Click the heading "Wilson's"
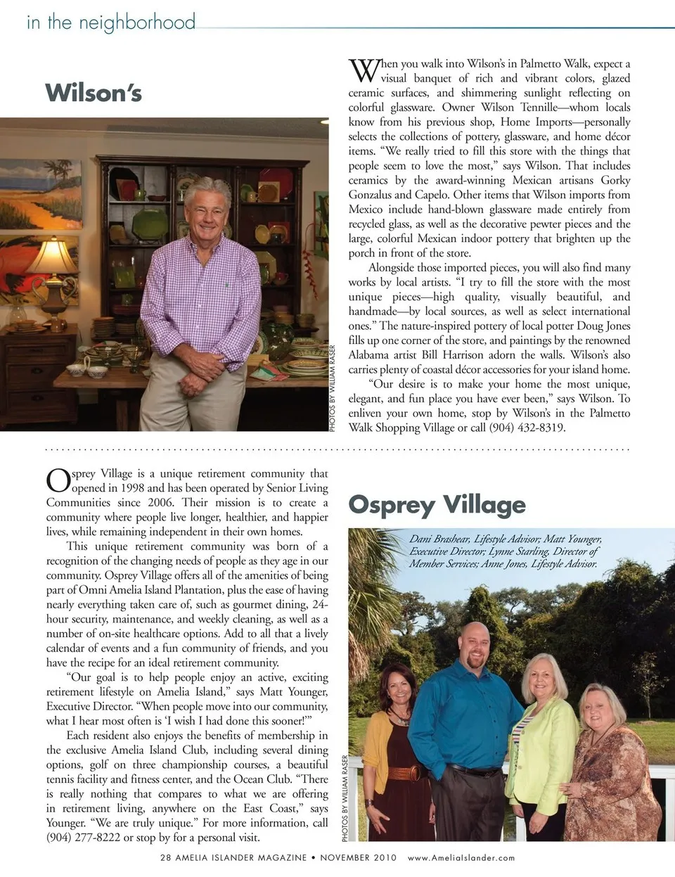(x=94, y=93)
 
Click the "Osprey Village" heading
(x=437, y=504)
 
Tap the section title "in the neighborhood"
(x=110, y=22)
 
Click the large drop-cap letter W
(x=363, y=70)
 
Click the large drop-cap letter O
(x=58, y=480)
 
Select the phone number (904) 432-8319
(x=527, y=428)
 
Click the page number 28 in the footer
(x=166, y=857)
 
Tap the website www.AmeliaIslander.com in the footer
(x=461, y=857)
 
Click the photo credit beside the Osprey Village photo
(x=345, y=798)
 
